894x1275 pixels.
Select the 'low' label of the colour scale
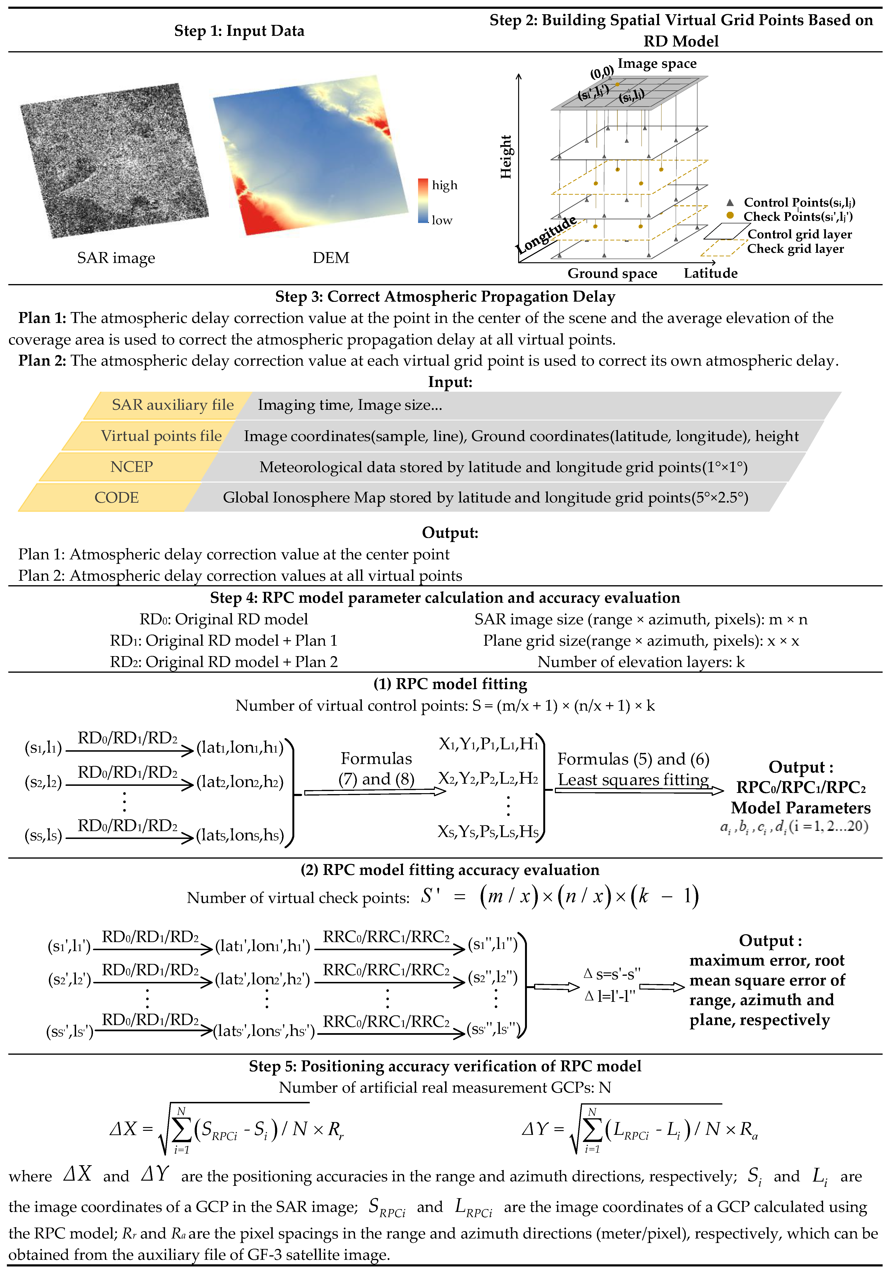[442, 221]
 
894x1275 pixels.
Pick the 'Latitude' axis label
[710, 273]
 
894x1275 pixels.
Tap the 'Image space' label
[657, 64]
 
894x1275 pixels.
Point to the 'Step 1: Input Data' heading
[239, 31]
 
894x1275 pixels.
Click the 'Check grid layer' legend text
[795, 249]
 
